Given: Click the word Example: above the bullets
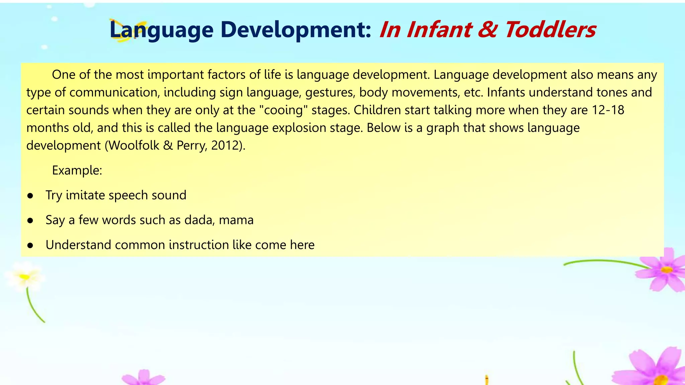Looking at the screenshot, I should [x=77, y=170].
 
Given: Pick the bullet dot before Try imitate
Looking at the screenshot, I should [x=30, y=196].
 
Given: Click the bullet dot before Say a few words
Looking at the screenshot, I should [x=30, y=221].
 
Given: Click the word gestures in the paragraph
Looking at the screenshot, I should [x=330, y=93].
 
